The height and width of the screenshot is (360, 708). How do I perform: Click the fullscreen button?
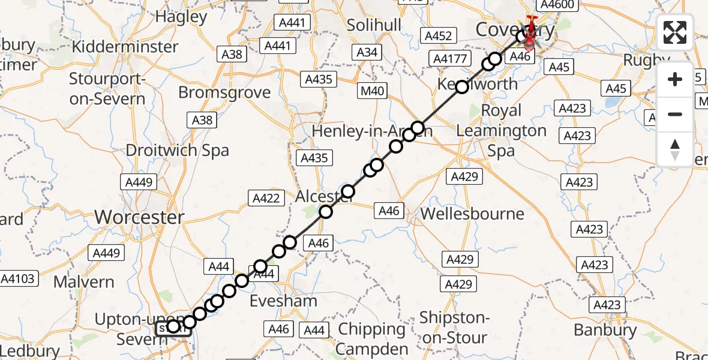[675, 32]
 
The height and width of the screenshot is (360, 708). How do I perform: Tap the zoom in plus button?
[675, 80]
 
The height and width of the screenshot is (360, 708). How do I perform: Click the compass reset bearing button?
[675, 149]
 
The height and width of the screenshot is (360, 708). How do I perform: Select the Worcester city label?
[140, 217]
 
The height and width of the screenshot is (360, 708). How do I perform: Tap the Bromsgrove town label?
[224, 93]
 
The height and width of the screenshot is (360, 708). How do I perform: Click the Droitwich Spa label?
[177, 150]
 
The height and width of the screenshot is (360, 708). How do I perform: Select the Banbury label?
[605, 330]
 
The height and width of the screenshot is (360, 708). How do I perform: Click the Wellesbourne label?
[472, 214]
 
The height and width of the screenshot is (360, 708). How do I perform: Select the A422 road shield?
[266, 198]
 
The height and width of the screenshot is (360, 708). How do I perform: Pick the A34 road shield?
[367, 52]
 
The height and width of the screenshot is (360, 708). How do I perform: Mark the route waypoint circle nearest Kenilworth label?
[462, 87]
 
